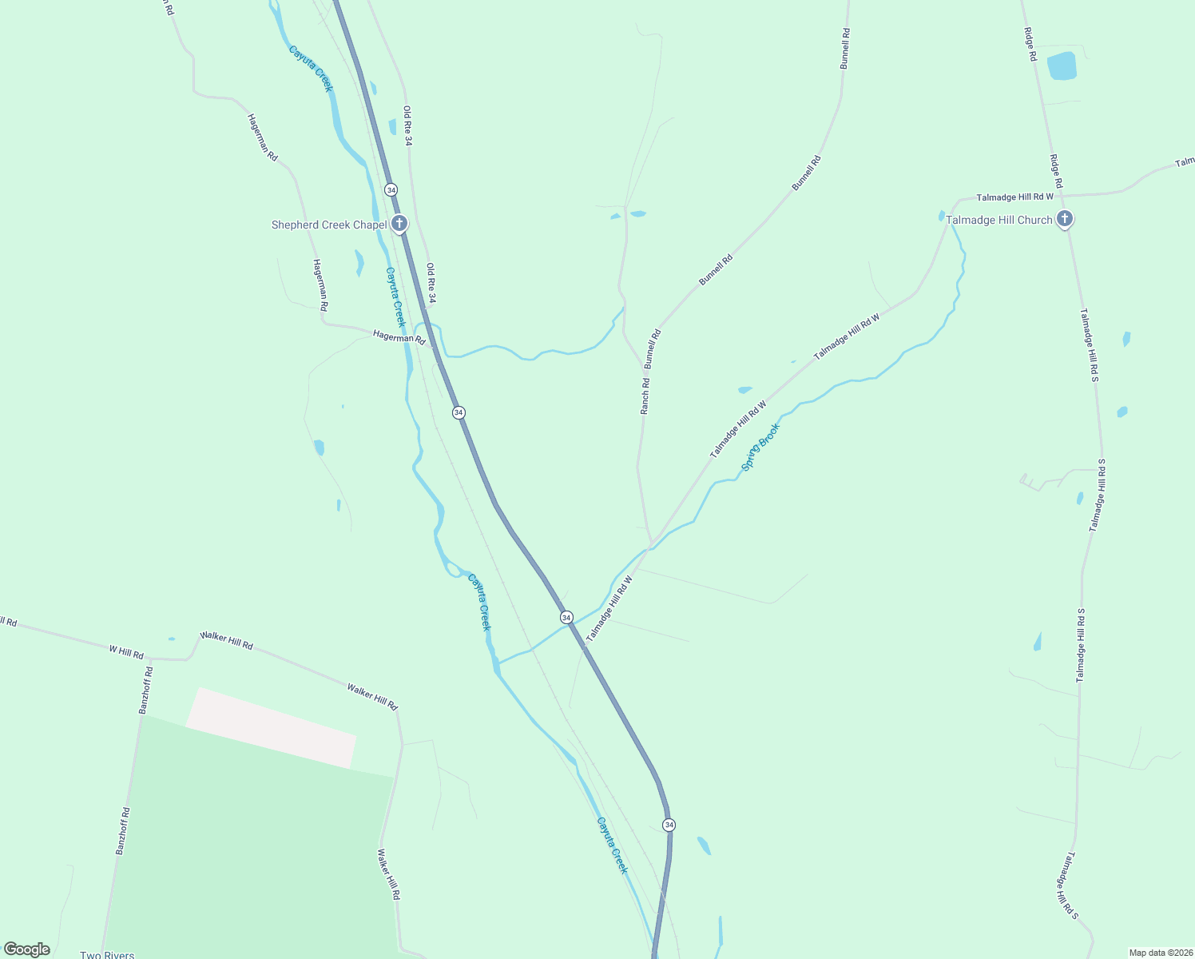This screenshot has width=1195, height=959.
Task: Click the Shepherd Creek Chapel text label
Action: (328, 225)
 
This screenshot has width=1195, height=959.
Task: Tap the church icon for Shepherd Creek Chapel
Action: (399, 224)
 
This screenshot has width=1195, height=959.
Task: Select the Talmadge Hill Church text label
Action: (998, 220)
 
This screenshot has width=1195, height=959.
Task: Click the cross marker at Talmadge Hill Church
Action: (1064, 218)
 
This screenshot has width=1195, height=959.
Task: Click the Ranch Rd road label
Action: (645, 396)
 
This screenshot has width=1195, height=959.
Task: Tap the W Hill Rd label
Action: (126, 652)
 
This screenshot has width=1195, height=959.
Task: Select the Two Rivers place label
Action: (107, 955)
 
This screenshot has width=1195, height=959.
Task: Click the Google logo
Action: (27, 949)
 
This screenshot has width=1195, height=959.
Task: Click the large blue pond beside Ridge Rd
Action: (1062, 66)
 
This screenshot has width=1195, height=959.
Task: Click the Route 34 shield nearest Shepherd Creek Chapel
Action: (391, 189)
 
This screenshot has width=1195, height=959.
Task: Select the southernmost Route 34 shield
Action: (669, 824)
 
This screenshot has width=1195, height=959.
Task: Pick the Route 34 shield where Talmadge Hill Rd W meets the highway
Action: (566, 617)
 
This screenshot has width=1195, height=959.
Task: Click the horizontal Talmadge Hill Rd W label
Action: (1014, 197)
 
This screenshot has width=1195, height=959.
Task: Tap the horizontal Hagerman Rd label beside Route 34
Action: (399, 337)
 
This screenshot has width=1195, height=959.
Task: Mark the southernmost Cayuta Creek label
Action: (613, 845)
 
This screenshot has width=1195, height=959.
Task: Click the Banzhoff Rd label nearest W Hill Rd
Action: (145, 690)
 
